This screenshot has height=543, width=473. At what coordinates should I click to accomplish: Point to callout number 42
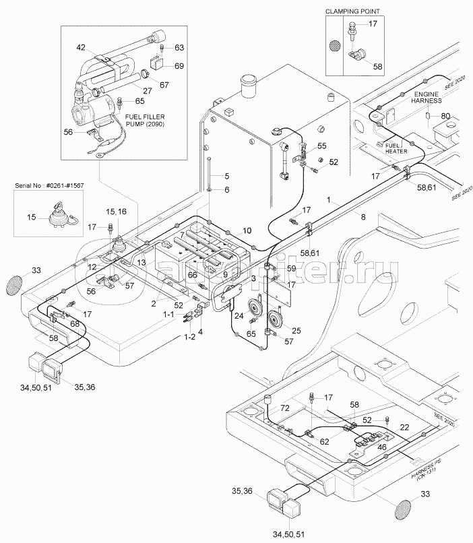[82, 47]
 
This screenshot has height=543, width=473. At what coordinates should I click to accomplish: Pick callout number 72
[284, 409]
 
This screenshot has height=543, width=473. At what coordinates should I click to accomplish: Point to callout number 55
[322, 146]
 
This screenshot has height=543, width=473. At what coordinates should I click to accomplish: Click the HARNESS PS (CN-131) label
[429, 476]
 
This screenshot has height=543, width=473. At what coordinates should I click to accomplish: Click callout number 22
[404, 427]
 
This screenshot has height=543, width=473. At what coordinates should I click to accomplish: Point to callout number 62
[325, 441]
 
